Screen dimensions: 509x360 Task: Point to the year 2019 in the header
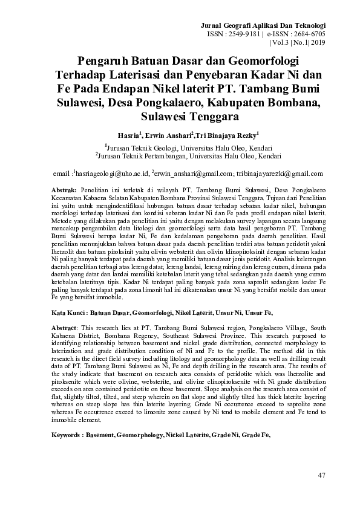[318, 44]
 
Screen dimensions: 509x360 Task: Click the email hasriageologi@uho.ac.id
[111, 173]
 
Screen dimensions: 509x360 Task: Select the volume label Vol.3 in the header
[280, 44]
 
